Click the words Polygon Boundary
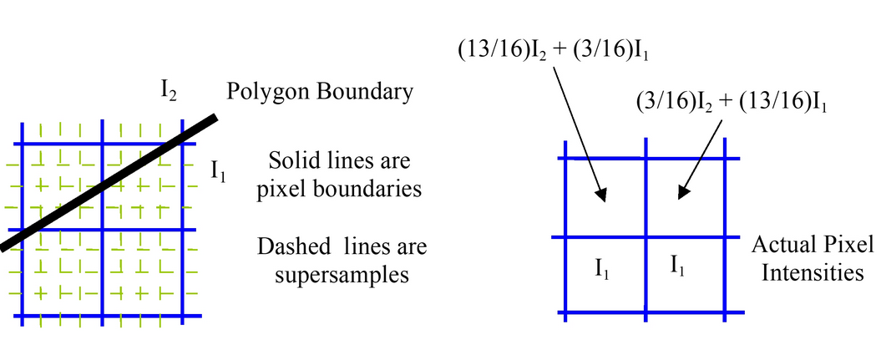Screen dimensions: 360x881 click(322, 91)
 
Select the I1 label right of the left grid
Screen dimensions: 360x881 click(219, 171)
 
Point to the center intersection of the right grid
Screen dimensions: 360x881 click(646, 237)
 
